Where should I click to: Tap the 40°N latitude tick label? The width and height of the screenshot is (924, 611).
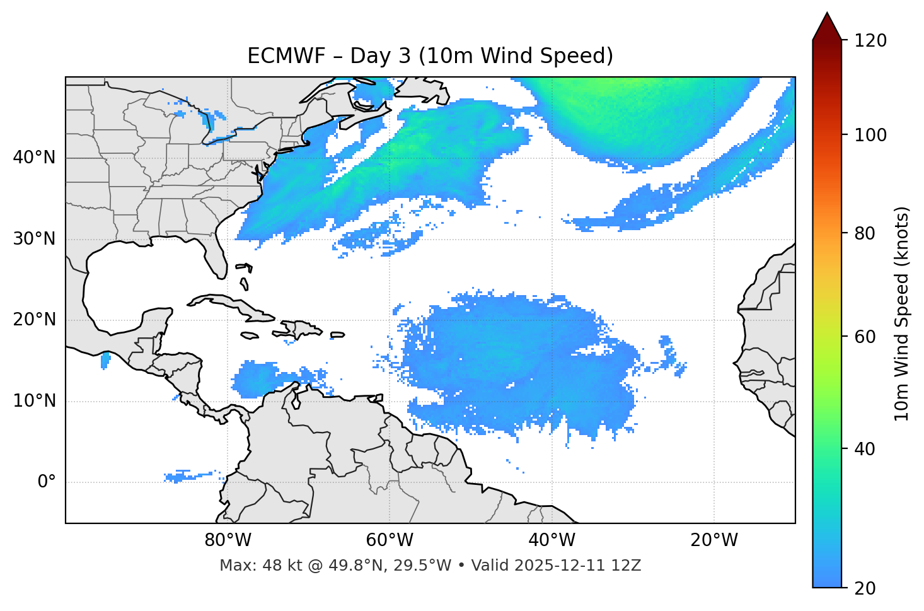(34, 158)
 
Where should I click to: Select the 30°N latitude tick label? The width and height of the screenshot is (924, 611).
(34, 239)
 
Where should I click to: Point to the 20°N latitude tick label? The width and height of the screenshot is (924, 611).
(34, 320)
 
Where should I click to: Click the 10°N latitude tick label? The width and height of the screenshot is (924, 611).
(34, 401)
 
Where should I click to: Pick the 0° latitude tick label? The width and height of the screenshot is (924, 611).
(47, 482)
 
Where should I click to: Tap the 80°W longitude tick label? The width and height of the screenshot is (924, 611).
(228, 540)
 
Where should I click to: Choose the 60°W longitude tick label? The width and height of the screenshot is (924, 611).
(390, 540)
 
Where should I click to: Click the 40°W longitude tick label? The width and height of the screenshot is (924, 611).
(552, 540)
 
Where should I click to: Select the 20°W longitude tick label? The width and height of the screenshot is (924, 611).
(713, 540)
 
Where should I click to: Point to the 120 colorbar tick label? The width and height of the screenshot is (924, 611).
(870, 41)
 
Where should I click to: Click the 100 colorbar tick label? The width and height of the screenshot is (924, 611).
(870, 135)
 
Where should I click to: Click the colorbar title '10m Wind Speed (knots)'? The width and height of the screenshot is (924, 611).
(902, 313)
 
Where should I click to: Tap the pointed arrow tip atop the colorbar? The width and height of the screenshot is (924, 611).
(827, 15)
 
